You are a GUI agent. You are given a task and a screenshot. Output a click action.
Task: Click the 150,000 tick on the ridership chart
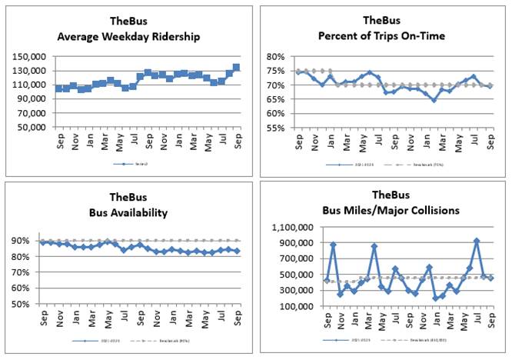[32, 57]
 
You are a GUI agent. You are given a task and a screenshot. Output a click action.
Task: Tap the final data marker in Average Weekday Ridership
[236, 68]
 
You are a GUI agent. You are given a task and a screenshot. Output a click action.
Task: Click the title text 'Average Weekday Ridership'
[127, 37]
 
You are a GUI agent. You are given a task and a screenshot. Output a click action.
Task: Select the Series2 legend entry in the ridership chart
[128, 163]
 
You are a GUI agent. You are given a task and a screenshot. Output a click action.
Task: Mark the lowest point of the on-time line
[434, 100]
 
